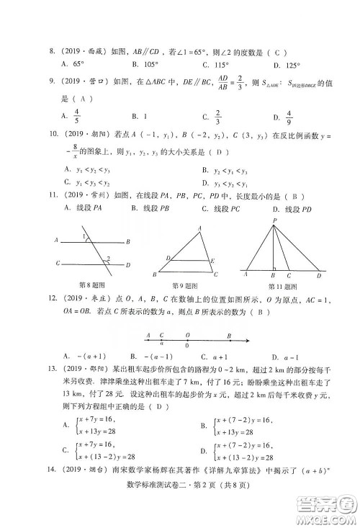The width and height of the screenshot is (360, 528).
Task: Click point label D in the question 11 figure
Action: pyautogui.click(x=320, y=274)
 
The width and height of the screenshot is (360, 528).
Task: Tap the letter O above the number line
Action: pyautogui.click(x=187, y=335)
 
